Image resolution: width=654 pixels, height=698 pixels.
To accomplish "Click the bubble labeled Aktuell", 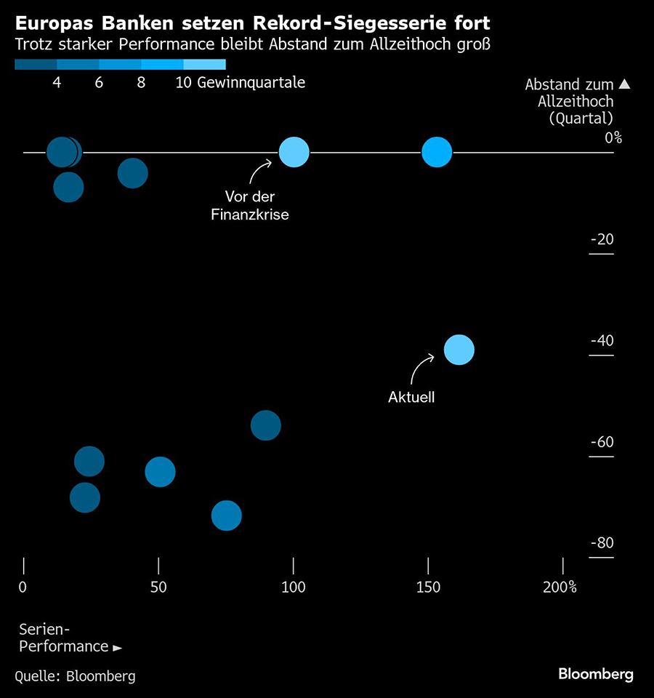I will pos(459,350).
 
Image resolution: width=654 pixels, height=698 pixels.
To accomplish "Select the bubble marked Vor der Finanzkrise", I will pos(294,153).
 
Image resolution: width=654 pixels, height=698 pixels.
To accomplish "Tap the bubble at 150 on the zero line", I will pos(437,153).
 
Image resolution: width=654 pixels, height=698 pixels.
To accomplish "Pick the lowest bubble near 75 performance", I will pos(226,516).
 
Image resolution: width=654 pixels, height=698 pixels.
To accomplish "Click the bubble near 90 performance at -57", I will pos(266,425).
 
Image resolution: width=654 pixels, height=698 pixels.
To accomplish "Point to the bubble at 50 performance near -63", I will pos(160,472).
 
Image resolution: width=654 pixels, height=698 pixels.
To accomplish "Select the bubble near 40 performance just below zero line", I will pos(132,173).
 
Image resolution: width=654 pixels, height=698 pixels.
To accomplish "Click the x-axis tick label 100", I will pos(294,587).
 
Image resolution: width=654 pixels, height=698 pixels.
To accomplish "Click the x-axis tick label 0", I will pos(23,587).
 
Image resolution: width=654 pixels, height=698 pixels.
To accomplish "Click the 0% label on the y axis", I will pos(613,137).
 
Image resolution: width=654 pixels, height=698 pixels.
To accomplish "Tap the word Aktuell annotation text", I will pos(411,398).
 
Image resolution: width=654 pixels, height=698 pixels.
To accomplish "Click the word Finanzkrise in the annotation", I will pos(250,215).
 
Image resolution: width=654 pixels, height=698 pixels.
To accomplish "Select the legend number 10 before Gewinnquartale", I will pos(183,83).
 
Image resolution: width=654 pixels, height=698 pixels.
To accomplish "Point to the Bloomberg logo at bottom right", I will pos(595,674).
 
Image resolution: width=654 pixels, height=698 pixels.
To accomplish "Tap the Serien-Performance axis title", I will pos(65,638).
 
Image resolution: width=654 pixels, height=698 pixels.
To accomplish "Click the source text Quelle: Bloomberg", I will pos(75,676).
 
